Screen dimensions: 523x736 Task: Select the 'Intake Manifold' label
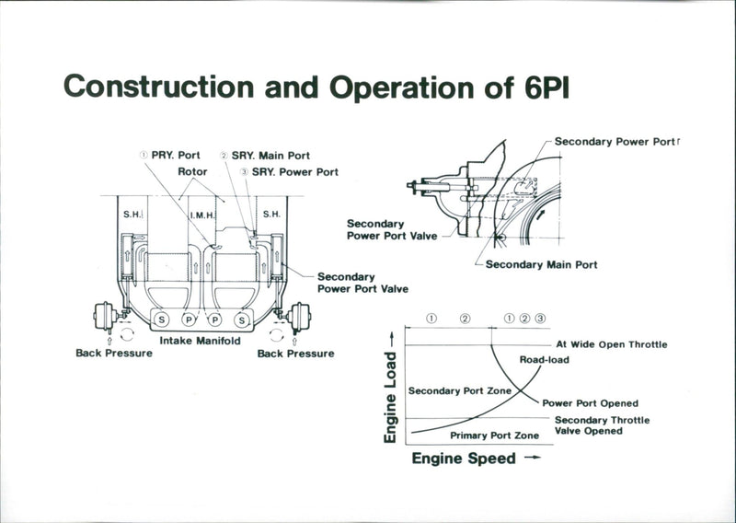pyautogui.click(x=201, y=341)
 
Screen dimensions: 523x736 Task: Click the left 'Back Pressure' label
pyautogui.click(x=114, y=353)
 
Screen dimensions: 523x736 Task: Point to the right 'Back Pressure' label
pyautogui.click(x=296, y=353)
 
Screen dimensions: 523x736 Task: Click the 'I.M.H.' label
pyautogui.click(x=202, y=215)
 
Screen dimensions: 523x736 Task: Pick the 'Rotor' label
pyautogui.click(x=192, y=171)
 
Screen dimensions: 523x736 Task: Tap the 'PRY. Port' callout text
pyautogui.click(x=175, y=156)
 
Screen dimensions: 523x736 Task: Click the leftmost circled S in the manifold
pyautogui.click(x=162, y=320)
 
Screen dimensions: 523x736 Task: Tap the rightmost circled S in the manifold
pyautogui.click(x=242, y=320)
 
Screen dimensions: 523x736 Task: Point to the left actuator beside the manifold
pyautogui.click(x=103, y=318)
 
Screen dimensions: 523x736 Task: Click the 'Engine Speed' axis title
pyautogui.click(x=464, y=458)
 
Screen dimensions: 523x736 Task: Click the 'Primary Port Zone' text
pyautogui.click(x=494, y=435)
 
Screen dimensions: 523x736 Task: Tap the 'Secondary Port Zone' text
pyautogui.click(x=459, y=390)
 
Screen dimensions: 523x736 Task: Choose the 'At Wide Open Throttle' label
pyautogui.click(x=611, y=344)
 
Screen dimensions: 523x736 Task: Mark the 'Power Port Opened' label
pyautogui.click(x=590, y=403)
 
